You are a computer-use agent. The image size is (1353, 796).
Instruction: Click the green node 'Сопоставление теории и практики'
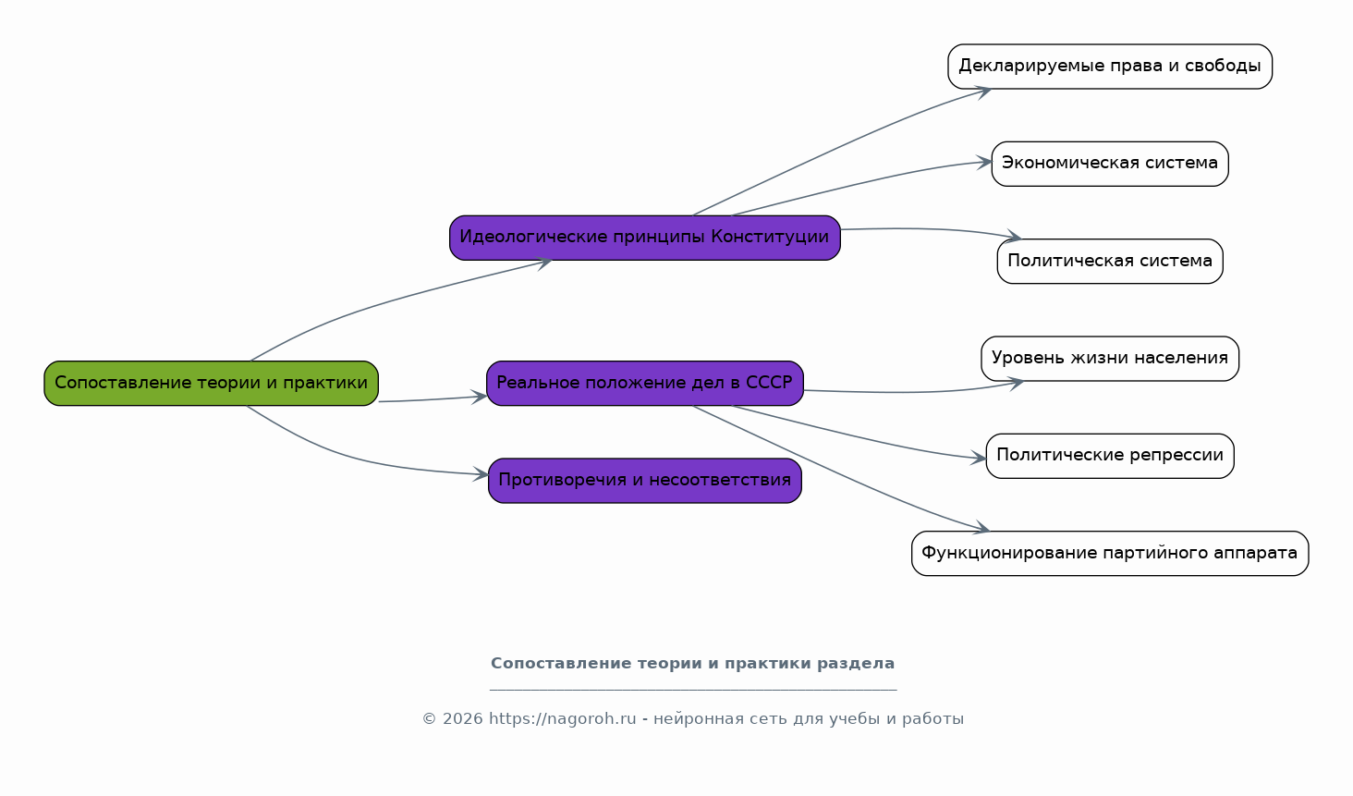click(212, 383)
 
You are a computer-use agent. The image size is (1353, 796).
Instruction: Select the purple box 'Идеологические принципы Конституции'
click(644, 238)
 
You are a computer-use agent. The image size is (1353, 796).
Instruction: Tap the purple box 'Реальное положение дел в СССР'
click(644, 383)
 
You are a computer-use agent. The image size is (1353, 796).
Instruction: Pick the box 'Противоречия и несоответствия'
click(644, 481)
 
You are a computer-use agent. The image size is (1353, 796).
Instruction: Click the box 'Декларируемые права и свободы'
click(1110, 67)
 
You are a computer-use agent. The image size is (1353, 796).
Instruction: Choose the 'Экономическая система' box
click(1110, 164)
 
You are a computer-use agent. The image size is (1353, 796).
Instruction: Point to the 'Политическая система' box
click(1110, 261)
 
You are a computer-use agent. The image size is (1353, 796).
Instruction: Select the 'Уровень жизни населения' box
click(1110, 359)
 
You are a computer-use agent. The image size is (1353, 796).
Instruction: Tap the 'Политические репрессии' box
click(1110, 456)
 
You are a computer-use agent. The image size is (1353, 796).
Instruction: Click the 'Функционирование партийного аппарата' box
click(1110, 553)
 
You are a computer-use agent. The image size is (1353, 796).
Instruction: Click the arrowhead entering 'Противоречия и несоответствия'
click(481, 474)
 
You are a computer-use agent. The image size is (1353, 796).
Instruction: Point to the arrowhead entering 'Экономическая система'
click(984, 162)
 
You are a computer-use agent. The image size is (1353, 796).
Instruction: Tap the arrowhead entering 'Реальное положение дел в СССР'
click(480, 398)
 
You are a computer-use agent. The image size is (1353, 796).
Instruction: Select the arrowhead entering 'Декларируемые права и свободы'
click(982, 92)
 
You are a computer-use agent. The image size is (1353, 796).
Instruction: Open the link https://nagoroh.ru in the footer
click(562, 718)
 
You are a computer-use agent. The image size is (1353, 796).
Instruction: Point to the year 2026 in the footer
click(463, 718)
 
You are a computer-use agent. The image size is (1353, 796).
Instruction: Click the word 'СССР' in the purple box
click(769, 383)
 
